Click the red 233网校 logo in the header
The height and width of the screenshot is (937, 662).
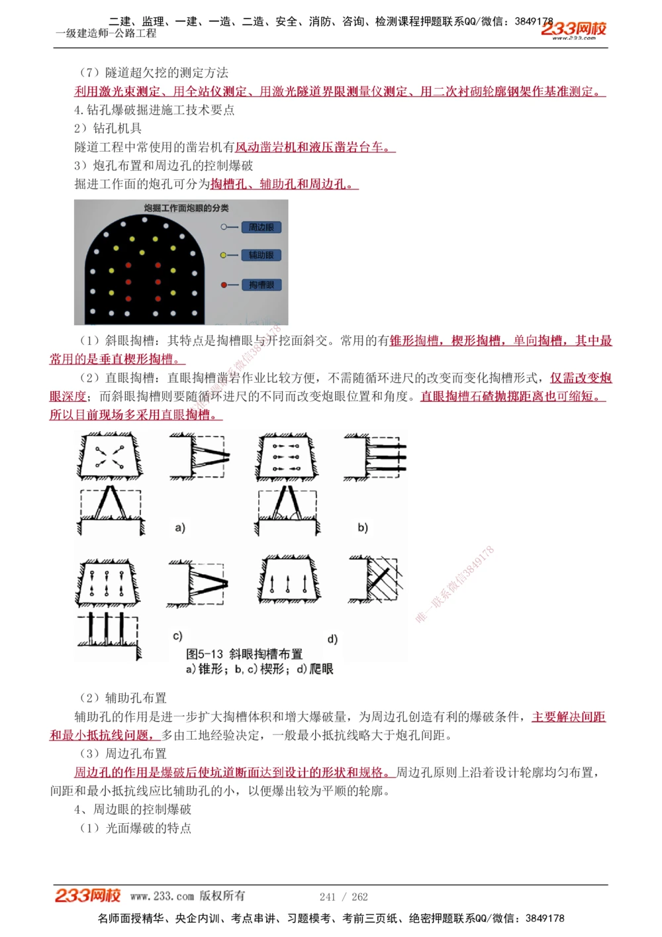573,28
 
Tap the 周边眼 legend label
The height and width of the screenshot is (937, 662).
261,227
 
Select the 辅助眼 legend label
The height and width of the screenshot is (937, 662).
261,255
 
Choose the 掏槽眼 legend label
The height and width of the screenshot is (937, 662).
261,285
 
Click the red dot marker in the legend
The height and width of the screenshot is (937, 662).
224,285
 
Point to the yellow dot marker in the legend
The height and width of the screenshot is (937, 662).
224,255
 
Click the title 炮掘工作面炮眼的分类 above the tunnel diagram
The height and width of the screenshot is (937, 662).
186,208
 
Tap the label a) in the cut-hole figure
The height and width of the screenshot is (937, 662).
180,528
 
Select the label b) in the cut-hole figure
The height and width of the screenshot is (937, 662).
363,528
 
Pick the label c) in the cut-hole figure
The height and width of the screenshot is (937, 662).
177,636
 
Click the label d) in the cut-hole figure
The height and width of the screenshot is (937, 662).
332,639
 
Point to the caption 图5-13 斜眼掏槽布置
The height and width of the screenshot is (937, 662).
244,654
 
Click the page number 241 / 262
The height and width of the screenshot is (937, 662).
344,897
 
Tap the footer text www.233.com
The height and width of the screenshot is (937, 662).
162,896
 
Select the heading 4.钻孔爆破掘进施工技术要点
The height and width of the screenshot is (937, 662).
154,110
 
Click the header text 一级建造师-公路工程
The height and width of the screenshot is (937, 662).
106,33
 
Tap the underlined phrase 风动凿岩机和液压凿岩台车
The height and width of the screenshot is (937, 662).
314,147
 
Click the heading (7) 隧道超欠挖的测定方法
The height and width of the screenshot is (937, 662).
154,73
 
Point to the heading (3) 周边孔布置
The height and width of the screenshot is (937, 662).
123,754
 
